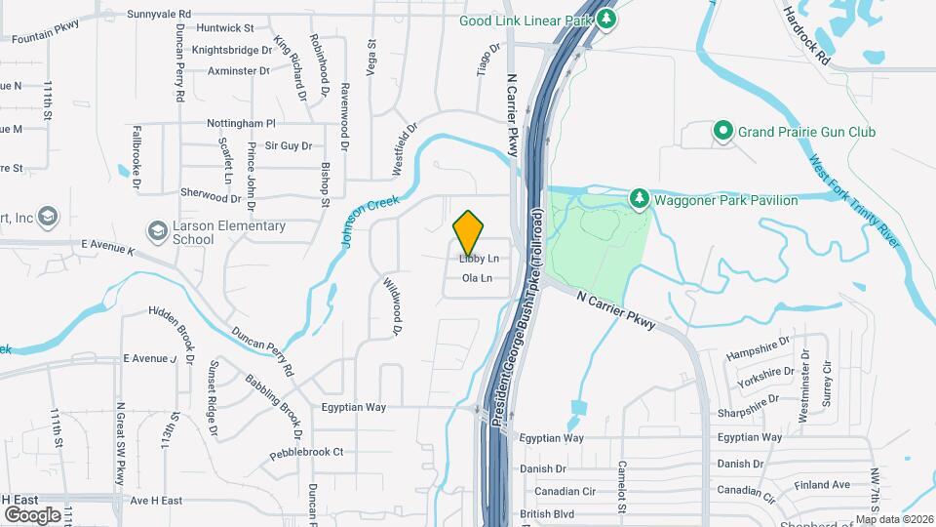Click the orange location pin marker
click(x=469, y=232)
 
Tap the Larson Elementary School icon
click(x=157, y=232)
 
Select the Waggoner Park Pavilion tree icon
click(x=639, y=200)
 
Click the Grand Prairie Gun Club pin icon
click(x=722, y=132)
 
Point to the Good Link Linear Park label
click(x=526, y=19)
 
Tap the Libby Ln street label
click(x=479, y=260)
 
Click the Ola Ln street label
click(x=477, y=279)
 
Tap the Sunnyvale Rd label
click(x=159, y=15)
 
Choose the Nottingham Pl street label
click(x=242, y=124)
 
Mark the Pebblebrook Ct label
click(x=307, y=452)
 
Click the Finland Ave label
click(x=822, y=485)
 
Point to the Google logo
click(x=31, y=514)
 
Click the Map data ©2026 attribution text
click(x=894, y=519)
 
